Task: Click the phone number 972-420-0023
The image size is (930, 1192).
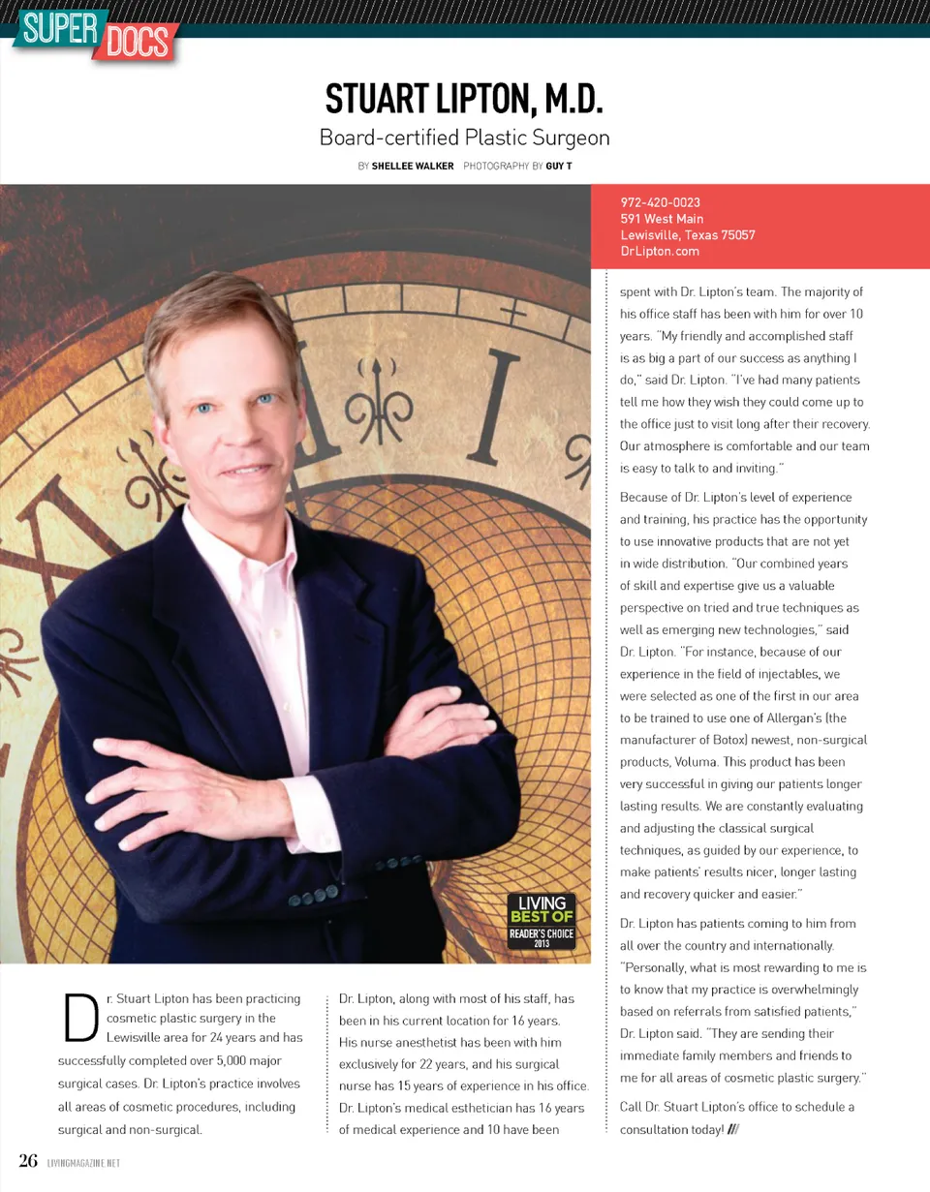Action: click(x=660, y=202)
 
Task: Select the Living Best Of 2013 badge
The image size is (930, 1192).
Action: click(x=542, y=922)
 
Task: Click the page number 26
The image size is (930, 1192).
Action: click(x=28, y=1161)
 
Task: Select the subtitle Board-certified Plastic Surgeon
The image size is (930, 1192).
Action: click(x=464, y=138)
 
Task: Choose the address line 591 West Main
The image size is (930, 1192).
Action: click(x=662, y=219)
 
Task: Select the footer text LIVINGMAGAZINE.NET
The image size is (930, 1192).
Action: click(x=83, y=1163)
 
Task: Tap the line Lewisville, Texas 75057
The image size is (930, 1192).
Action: click(x=688, y=235)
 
